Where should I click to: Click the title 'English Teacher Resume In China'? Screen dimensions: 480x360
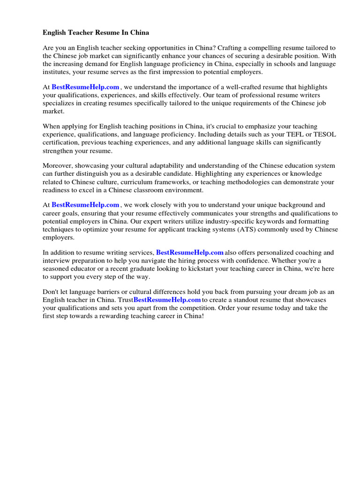click(x=96, y=33)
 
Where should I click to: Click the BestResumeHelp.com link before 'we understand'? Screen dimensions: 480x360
click(x=85, y=87)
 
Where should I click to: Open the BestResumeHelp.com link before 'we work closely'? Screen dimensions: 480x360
click(x=85, y=205)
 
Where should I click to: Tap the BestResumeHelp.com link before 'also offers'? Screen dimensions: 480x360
click(x=190, y=253)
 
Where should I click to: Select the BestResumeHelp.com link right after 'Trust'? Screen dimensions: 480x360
click(x=167, y=300)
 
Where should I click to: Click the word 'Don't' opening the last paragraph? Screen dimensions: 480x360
click(x=51, y=292)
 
